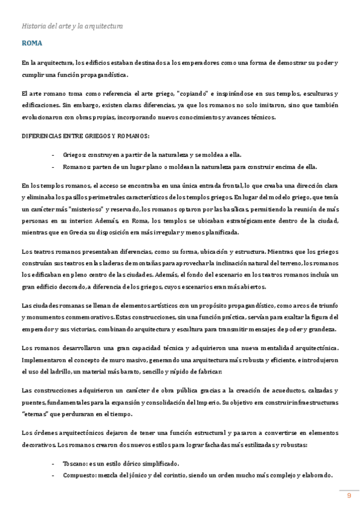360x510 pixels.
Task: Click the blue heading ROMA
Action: pyautogui.click(x=31, y=44)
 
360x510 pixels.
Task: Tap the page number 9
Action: pyautogui.click(x=349, y=495)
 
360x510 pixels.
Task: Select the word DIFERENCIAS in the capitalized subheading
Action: pyautogui.click(x=43, y=137)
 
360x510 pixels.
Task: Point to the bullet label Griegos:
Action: pyautogui.click(x=75, y=155)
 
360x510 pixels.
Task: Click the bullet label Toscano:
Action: pyautogui.click(x=76, y=463)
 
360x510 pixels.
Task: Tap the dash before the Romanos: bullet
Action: pyautogui.click(x=54, y=167)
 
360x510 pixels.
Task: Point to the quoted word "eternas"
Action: pyautogui.click(x=35, y=414)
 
